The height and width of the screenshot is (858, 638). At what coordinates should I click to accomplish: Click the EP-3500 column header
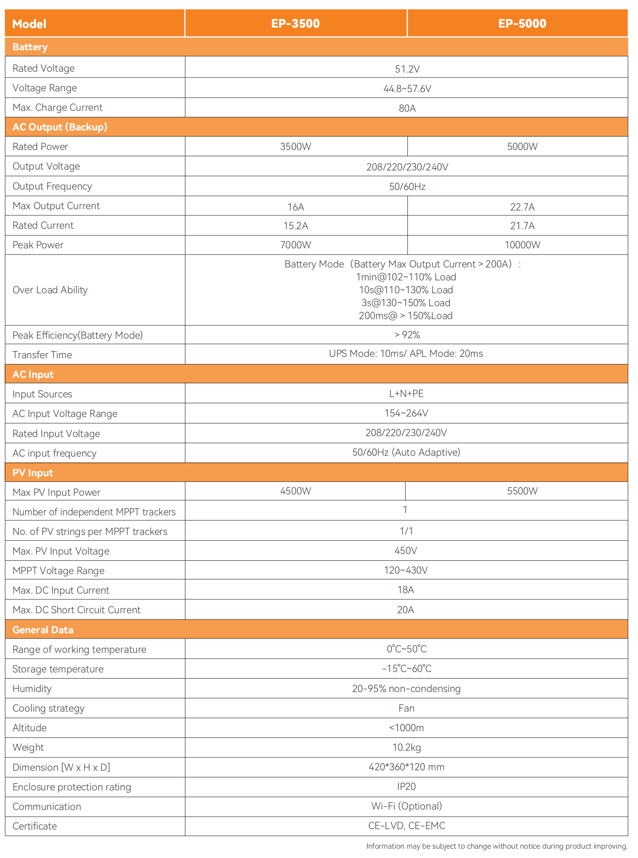(295, 24)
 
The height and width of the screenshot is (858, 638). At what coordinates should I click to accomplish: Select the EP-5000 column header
(522, 24)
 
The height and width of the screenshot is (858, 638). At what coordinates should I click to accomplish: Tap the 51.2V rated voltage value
(407, 69)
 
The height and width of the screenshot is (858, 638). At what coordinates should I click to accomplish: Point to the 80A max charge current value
(407, 108)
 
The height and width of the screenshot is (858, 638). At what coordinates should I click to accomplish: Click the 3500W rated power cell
(295, 146)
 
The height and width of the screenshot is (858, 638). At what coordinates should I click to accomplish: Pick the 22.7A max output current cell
(522, 207)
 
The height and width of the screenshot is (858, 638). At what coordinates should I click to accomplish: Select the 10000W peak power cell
(522, 245)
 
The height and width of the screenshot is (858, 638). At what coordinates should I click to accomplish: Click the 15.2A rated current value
(295, 226)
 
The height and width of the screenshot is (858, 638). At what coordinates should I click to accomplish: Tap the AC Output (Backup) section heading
(60, 127)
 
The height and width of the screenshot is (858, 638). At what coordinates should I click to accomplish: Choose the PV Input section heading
(33, 473)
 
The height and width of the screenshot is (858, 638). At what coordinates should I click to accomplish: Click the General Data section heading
(43, 630)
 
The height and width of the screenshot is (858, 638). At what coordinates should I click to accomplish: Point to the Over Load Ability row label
(50, 290)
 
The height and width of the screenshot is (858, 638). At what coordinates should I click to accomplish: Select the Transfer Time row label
(42, 355)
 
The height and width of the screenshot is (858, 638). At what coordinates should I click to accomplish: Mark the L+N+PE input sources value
(406, 393)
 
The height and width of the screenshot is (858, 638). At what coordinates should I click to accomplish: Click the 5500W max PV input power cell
(522, 491)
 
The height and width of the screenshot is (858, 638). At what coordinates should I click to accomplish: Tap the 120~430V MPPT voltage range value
(406, 570)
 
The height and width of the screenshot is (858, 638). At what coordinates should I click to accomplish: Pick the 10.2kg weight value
(406, 747)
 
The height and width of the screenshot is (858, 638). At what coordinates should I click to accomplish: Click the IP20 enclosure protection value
(406, 786)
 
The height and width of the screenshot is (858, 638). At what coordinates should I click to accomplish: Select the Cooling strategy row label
(48, 708)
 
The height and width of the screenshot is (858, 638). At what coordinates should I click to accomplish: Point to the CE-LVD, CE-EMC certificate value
(406, 826)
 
